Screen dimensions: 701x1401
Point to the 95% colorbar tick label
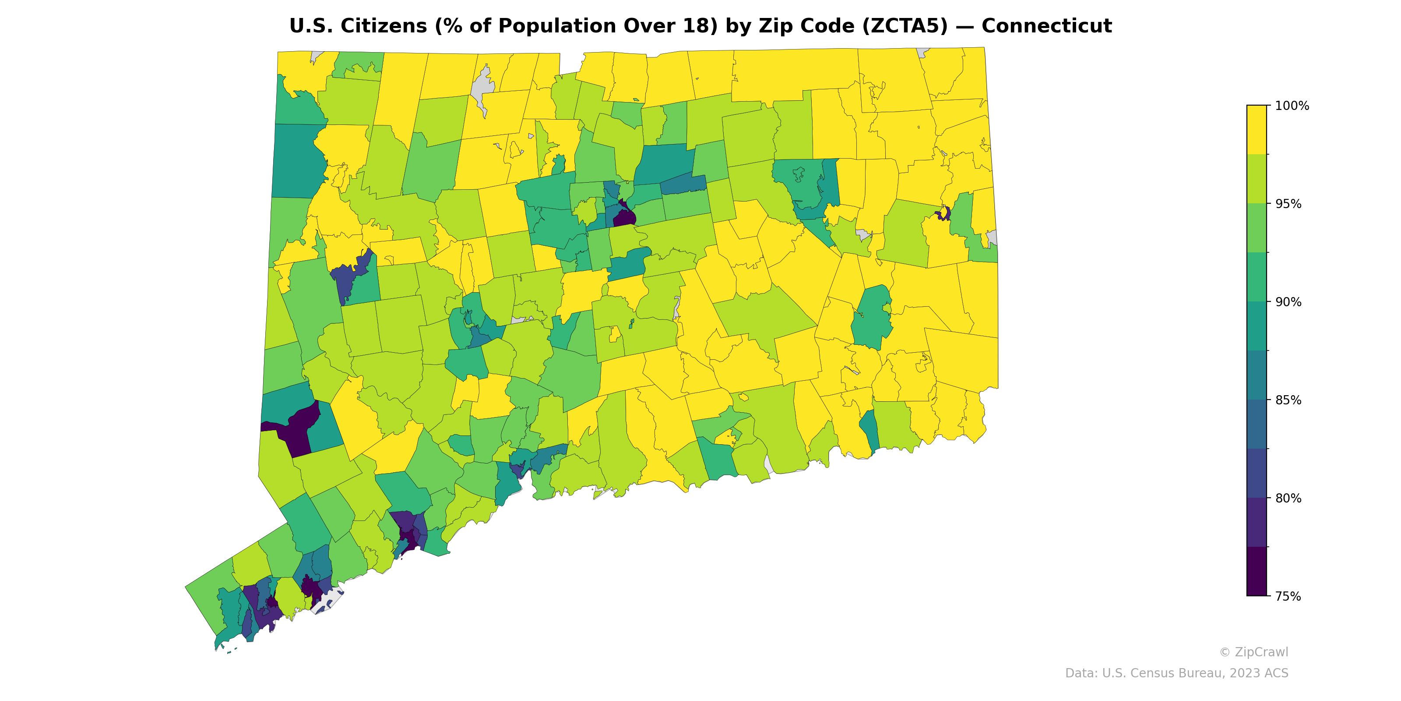pos(1288,204)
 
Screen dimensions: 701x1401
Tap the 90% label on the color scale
pos(1288,302)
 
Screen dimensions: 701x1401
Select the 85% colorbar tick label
pos(1288,400)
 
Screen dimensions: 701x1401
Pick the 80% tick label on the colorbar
pos(1288,498)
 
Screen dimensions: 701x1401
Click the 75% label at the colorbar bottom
pos(1288,596)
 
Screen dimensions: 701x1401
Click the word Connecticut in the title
pos(1046,26)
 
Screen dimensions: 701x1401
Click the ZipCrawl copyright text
pos(1253,652)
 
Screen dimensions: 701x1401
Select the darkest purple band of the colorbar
pos(1257,571)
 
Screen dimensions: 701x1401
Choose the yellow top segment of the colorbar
pos(1257,130)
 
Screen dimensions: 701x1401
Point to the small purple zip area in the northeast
pos(943,213)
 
